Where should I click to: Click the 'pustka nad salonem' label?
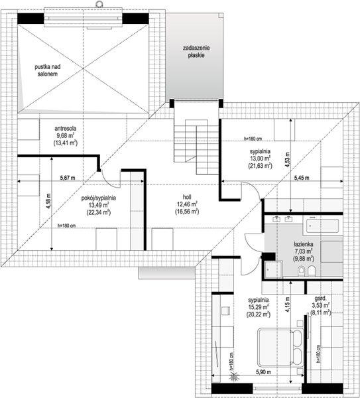tap(48, 70)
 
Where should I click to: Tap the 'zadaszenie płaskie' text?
tap(196, 52)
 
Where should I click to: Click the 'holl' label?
tap(187, 197)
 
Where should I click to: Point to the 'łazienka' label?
tap(304, 244)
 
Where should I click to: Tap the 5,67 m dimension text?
tap(68, 178)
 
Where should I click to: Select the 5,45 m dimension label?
tap(302, 178)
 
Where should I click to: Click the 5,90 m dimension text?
tap(263, 372)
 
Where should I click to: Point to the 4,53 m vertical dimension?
tap(287, 160)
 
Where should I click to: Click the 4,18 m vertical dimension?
tap(48, 201)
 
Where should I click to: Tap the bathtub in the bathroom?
tap(322, 226)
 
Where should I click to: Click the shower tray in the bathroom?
tap(274, 269)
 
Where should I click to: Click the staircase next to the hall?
tap(197, 142)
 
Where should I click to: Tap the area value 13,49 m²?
tap(99, 205)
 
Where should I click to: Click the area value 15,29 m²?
tap(259, 307)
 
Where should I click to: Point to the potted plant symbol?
tap(233, 376)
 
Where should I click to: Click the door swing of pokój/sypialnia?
tap(110, 179)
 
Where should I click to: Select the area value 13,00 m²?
tap(260, 159)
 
